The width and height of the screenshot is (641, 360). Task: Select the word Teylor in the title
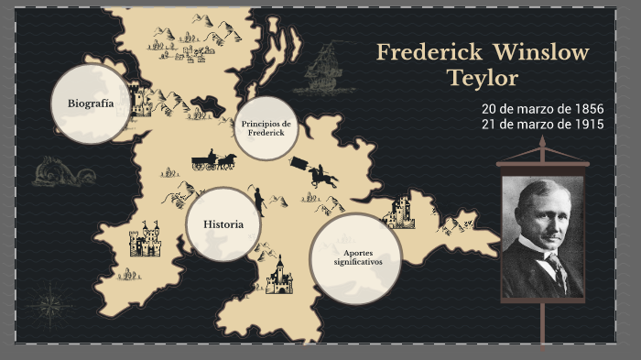point(483,79)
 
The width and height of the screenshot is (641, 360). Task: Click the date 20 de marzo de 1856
point(542,109)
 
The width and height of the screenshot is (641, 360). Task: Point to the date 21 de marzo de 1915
point(542,125)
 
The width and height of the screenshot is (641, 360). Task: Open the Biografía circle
point(90,104)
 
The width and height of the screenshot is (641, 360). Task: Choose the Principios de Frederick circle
point(266,128)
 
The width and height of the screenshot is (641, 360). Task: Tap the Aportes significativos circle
point(356,257)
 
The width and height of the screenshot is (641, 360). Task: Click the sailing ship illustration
point(322,67)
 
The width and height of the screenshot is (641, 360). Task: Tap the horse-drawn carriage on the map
point(213,161)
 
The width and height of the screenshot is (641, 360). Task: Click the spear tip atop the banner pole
point(542,143)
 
